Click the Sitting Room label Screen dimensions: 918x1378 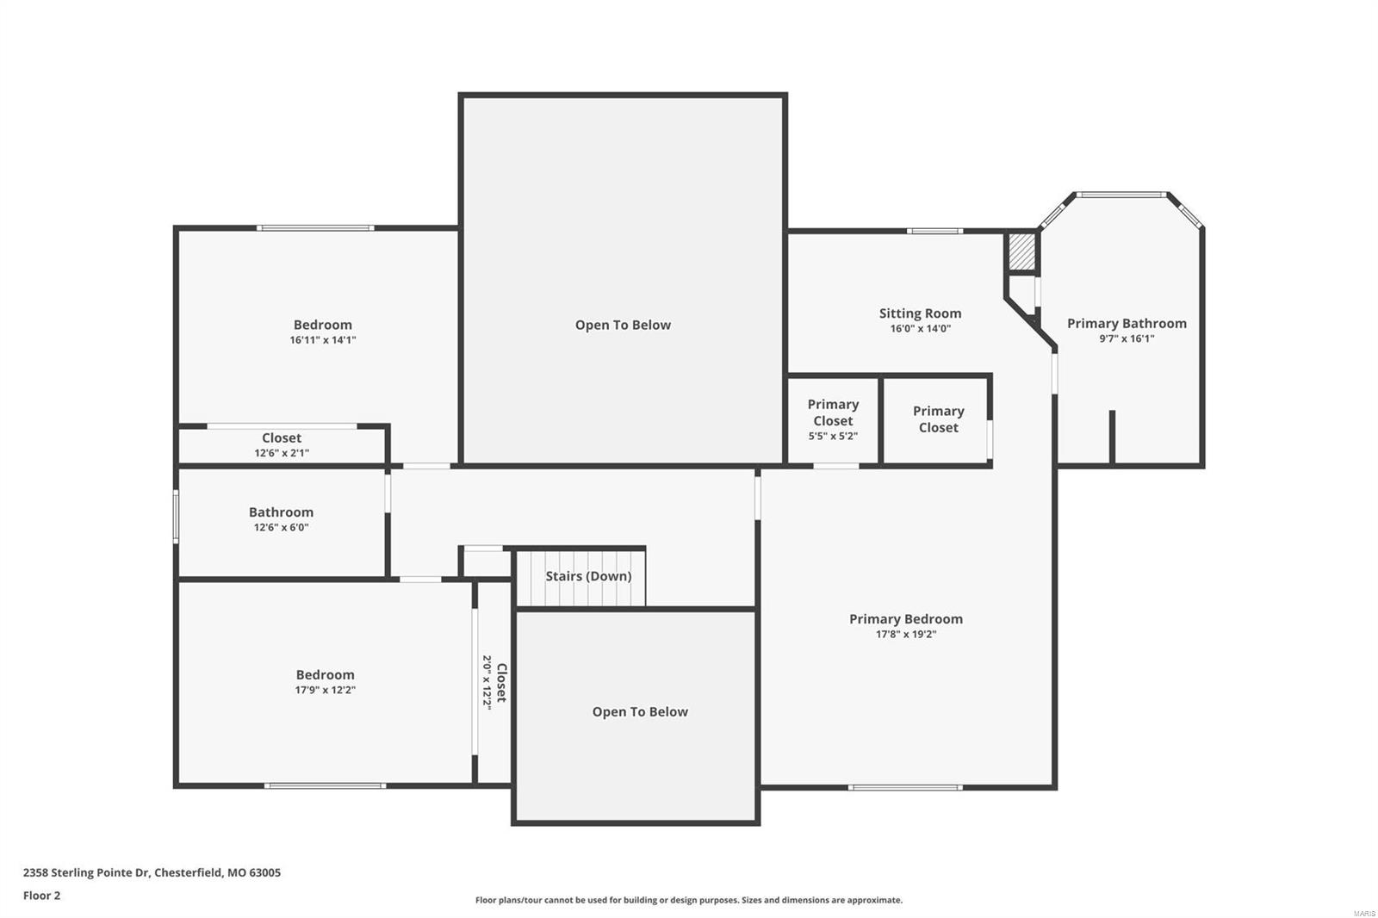pyautogui.click(x=920, y=313)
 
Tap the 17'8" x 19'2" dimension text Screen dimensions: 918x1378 pyautogui.click(x=905, y=635)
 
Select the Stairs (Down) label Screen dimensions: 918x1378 pyautogui.click(x=588, y=576)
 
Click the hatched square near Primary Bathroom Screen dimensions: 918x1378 pyautogui.click(x=1021, y=251)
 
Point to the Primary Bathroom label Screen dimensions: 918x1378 pyautogui.click(x=1127, y=324)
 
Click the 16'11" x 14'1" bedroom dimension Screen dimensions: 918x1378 pyautogui.click(x=323, y=340)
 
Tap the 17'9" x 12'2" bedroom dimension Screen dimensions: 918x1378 pyautogui.click(x=325, y=690)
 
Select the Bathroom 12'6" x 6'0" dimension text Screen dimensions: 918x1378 pyautogui.click(x=281, y=528)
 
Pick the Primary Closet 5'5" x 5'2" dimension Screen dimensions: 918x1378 pyautogui.click(x=833, y=437)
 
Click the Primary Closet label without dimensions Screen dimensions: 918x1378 pyautogui.click(x=938, y=419)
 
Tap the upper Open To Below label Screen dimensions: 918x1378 pyautogui.click(x=623, y=325)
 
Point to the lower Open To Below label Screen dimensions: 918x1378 pyautogui.click(x=640, y=712)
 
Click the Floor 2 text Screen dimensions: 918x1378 pyautogui.click(x=41, y=896)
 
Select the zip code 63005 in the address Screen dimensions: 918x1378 pyautogui.click(x=264, y=872)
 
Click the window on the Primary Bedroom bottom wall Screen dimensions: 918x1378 pyautogui.click(x=904, y=787)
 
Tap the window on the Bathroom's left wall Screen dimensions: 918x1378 pyautogui.click(x=176, y=517)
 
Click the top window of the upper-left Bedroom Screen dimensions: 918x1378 pyautogui.click(x=315, y=228)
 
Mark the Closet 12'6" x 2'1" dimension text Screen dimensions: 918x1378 pyautogui.click(x=282, y=453)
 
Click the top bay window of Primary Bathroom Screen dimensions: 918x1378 pyautogui.click(x=1121, y=195)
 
